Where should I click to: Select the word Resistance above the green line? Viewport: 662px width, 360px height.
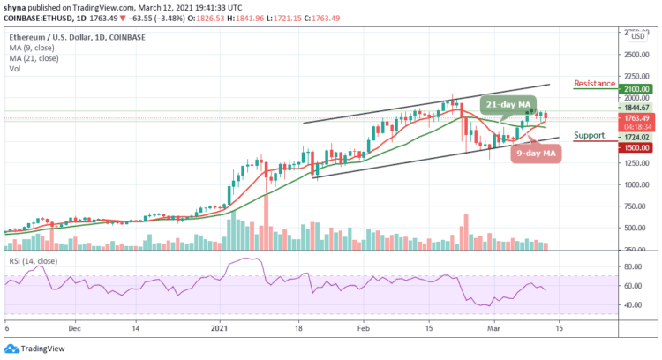click(x=594, y=84)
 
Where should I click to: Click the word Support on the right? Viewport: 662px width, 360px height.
click(x=588, y=137)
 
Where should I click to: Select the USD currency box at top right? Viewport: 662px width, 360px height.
click(x=636, y=36)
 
